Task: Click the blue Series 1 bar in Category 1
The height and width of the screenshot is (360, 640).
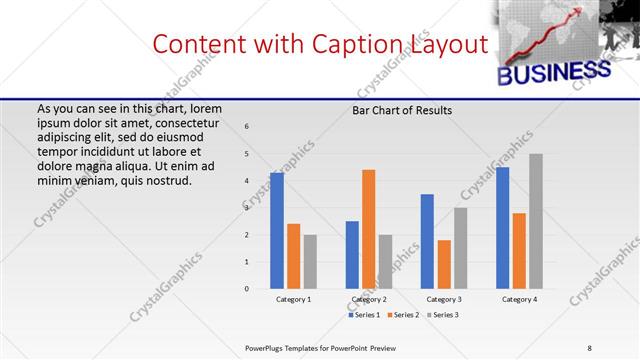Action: (276, 231)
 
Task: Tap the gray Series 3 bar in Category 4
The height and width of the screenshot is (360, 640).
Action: (536, 221)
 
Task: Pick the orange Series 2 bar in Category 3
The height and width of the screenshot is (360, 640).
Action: (444, 264)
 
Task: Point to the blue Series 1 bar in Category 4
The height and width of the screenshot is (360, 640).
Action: (502, 228)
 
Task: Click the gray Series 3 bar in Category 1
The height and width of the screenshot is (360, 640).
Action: (310, 262)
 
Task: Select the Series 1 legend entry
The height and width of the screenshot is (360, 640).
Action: (364, 315)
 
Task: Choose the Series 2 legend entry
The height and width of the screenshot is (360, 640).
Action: (402, 315)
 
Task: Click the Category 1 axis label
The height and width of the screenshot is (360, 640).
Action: (293, 299)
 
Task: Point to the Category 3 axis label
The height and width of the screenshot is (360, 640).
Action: (444, 299)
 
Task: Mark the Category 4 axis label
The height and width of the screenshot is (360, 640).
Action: (519, 299)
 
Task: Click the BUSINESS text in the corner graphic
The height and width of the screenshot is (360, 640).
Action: (553, 73)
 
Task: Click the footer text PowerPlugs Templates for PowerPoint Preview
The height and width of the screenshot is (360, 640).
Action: (320, 347)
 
